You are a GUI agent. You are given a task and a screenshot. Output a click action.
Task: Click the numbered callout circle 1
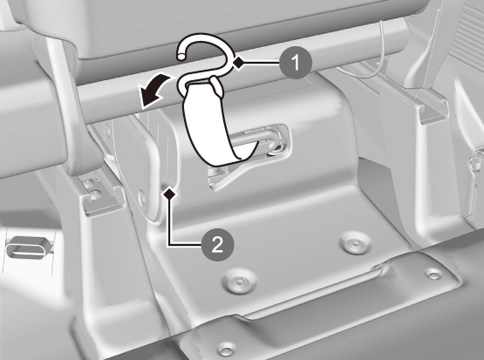(296, 63)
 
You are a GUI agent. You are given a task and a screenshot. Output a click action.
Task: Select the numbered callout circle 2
(218, 245)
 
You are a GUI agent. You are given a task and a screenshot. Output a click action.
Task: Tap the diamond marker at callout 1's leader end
(238, 63)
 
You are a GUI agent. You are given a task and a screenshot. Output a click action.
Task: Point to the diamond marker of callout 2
(169, 194)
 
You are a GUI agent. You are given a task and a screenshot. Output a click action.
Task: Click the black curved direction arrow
(153, 91)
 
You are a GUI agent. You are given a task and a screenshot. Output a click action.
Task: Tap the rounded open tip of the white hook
(181, 57)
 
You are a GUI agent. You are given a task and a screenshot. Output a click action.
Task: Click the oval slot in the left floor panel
(28, 248)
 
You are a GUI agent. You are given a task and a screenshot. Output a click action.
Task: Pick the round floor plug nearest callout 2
(239, 282)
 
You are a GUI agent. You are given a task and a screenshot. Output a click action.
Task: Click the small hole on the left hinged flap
(142, 197)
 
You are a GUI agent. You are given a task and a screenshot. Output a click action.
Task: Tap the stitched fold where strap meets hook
(216, 86)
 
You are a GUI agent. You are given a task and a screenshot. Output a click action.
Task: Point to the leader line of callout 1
(262, 63)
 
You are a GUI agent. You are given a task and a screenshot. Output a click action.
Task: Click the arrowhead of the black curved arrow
(148, 98)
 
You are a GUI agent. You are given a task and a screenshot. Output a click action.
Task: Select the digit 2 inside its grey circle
(218, 245)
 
